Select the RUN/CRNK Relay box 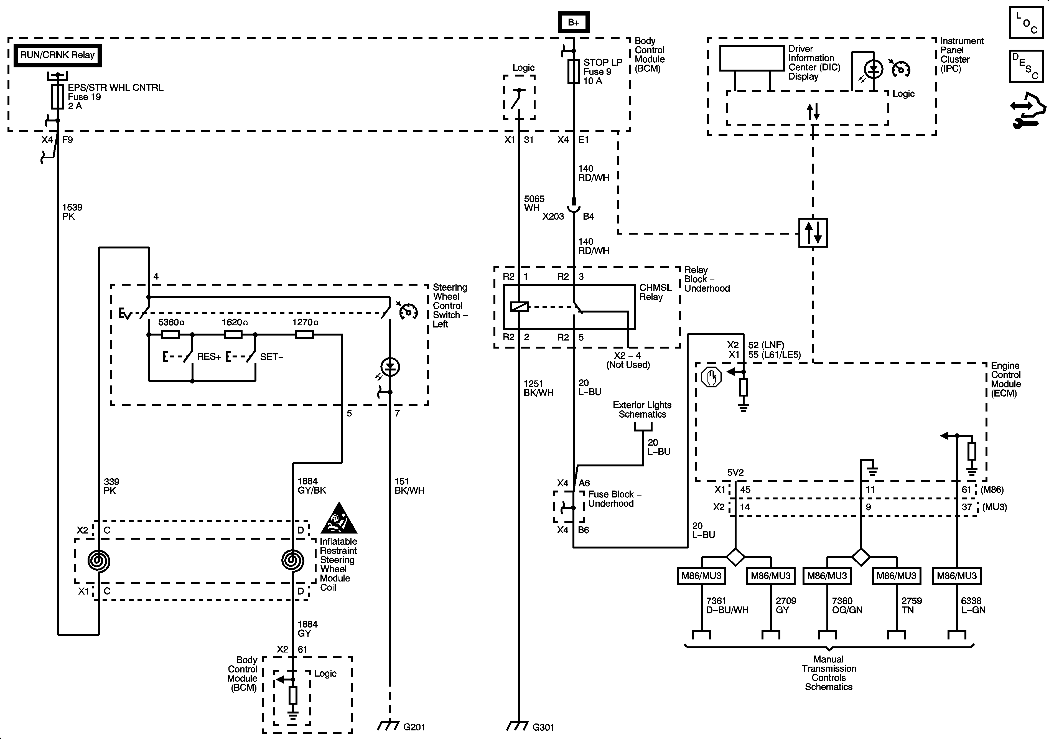[57, 55]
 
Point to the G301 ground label [543, 727]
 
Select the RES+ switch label [209, 357]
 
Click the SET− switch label [271, 357]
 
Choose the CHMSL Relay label [655, 292]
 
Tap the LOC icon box [1026, 22]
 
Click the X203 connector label [553, 217]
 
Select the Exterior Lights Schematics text [642, 410]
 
